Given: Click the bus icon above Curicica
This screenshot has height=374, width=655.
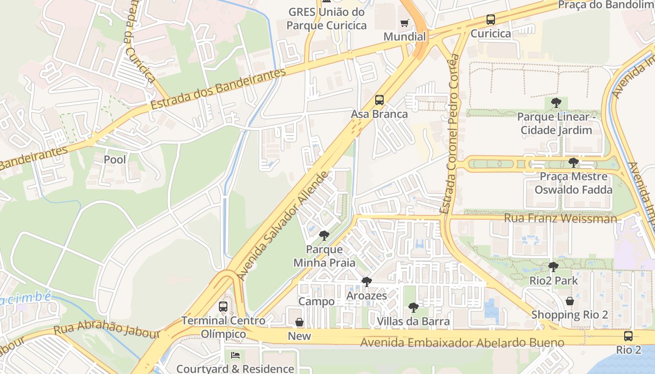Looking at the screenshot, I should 490,20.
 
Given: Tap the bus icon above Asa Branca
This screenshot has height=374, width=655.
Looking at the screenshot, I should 379,100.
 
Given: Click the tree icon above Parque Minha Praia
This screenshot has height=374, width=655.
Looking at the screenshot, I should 324,235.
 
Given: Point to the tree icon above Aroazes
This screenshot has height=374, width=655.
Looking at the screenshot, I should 367,282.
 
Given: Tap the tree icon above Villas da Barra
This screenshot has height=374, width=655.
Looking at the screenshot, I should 413,307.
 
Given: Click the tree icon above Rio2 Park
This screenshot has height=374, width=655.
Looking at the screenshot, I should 553,267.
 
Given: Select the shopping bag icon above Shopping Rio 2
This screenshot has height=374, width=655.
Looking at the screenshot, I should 569,301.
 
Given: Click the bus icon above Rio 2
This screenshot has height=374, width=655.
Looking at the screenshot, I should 628,336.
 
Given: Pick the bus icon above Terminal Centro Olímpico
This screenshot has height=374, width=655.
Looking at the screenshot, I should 223,307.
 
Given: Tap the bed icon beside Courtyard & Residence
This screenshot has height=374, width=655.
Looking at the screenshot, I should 235,356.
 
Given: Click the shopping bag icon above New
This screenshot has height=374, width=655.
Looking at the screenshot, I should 299,322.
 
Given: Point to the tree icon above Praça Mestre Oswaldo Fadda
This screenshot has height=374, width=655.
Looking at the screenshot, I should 573,163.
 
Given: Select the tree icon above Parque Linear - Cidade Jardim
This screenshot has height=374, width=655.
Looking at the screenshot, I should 556,102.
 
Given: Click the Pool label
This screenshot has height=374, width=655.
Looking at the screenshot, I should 115,159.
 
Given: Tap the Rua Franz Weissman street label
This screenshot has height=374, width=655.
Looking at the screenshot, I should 560,218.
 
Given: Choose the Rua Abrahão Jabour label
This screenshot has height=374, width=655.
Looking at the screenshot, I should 107,329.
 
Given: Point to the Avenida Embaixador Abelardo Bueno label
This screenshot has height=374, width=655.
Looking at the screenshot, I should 462,343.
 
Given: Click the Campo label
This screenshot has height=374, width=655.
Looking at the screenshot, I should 317,302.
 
